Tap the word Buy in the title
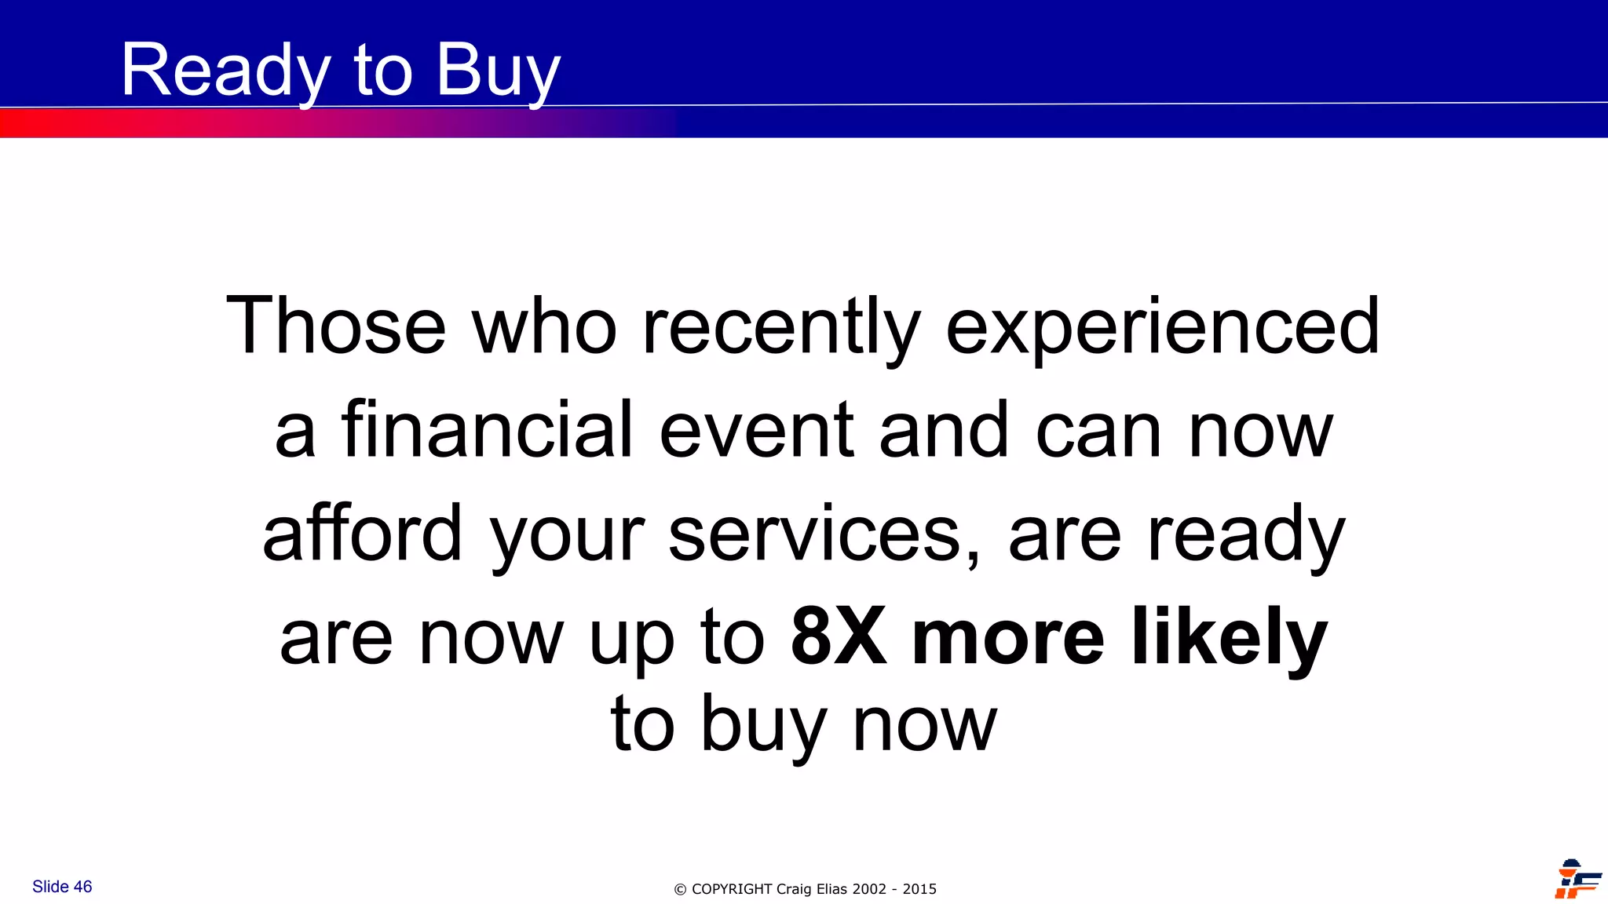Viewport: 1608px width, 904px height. pos(498,72)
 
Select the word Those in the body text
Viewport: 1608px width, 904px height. pos(336,326)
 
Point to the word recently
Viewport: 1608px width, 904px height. pos(781,328)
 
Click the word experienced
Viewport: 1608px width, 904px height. pos(1163,328)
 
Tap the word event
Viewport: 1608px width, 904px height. pos(757,432)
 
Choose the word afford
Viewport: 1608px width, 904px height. pos(363,534)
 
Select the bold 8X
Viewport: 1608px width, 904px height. pos(839,636)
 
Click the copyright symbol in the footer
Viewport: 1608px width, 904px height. pos(680,890)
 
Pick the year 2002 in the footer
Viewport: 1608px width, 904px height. pos(869,889)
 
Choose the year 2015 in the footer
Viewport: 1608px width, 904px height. pos(919,889)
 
